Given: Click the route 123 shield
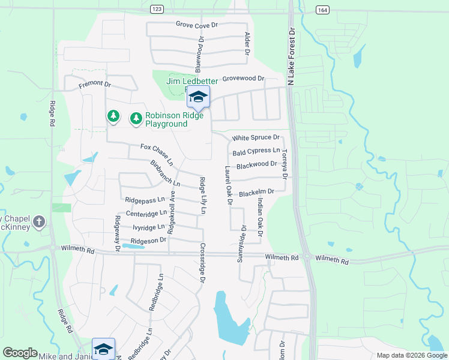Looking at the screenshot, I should tap(157, 9).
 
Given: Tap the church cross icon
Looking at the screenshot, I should tap(39, 222).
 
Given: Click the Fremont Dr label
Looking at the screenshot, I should tap(95, 86).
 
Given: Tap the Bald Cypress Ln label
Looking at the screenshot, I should tap(256, 151).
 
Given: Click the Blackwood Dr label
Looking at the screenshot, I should tap(256, 164).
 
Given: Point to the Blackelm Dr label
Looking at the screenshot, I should tap(256, 193).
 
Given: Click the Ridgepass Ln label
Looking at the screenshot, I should tap(145, 200).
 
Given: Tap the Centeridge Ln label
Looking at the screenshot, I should tap(145, 214).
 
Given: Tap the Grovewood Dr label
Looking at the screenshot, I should tap(243, 79).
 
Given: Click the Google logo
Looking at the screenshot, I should tap(20, 353).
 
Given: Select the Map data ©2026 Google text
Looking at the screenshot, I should tap(411, 355).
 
